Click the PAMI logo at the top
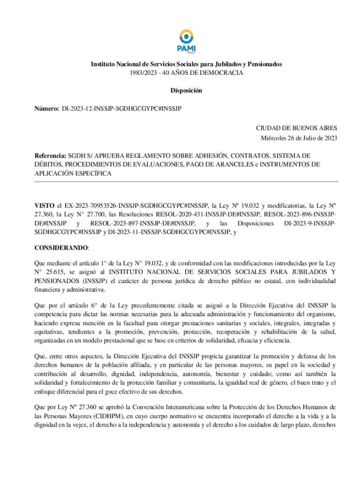tap(187, 41)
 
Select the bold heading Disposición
tap(186, 91)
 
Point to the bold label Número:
tap(46, 109)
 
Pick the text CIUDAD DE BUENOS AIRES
tap(296, 128)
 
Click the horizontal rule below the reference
tap(186, 181)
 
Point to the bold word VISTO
tap(44, 205)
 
